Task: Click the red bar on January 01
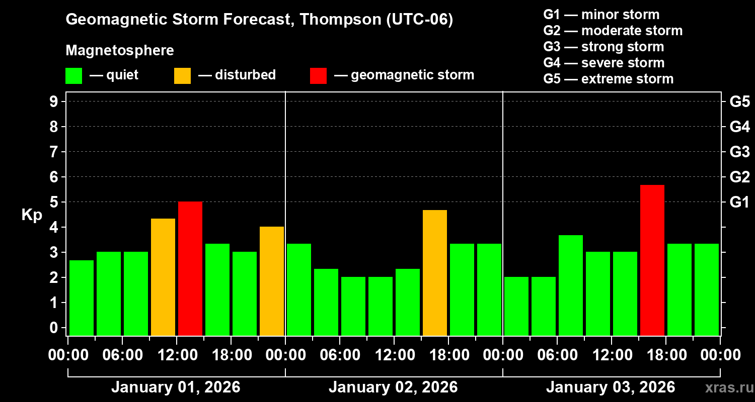tap(190, 268)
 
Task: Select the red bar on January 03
tap(652, 260)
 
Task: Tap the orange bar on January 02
tap(435, 273)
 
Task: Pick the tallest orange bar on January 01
tap(163, 277)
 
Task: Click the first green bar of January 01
tap(82, 297)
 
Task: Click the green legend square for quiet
tap(73, 75)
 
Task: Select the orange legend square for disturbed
tap(182, 75)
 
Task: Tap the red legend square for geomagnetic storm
tap(318, 75)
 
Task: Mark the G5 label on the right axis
tap(739, 102)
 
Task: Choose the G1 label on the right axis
tap(739, 203)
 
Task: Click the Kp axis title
tap(32, 215)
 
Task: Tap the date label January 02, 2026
tap(393, 387)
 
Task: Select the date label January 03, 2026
tap(611, 387)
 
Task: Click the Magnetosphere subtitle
tap(120, 51)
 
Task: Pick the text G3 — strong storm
tap(603, 47)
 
